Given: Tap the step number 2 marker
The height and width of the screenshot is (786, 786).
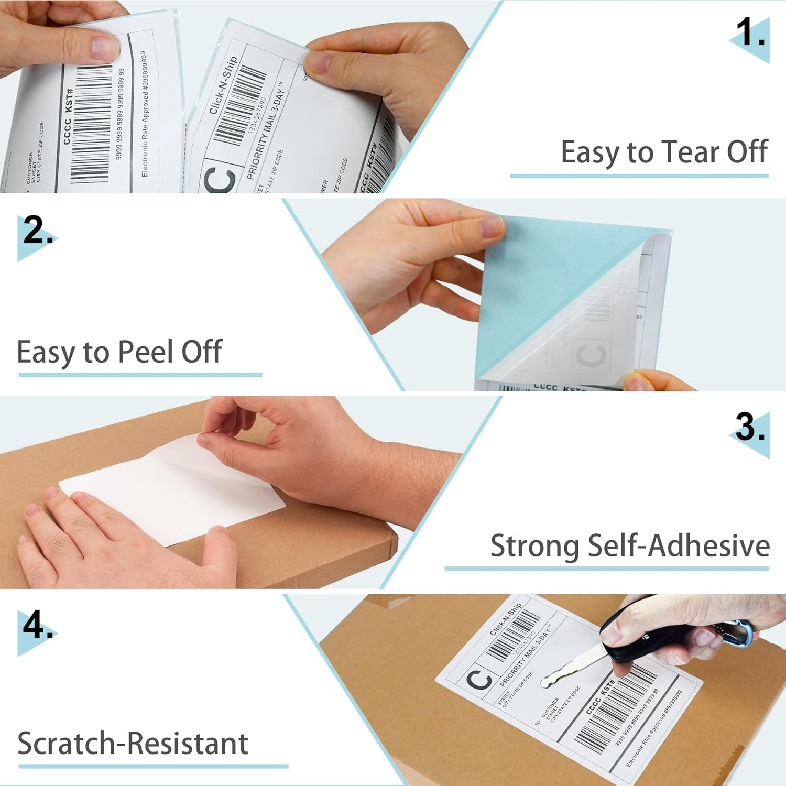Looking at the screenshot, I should pyautogui.click(x=37, y=231).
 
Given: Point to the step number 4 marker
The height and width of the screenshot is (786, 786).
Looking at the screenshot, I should pyautogui.click(x=37, y=626).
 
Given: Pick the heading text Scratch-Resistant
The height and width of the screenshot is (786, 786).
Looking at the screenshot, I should pyautogui.click(x=133, y=743).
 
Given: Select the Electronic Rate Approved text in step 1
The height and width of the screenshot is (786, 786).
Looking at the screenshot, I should pyautogui.click(x=145, y=113).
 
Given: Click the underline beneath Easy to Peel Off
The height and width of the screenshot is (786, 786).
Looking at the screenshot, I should pyautogui.click(x=140, y=375).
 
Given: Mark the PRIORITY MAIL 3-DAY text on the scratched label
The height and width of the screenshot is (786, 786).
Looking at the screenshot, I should pyautogui.click(x=524, y=658).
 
